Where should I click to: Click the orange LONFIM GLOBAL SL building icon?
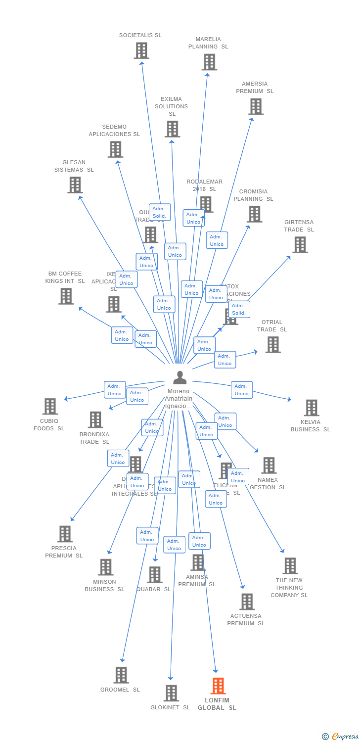[218, 686]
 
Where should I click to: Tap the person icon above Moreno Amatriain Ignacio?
[180, 377]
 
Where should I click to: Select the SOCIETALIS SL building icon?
[141, 50]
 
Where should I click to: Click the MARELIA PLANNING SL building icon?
[209, 62]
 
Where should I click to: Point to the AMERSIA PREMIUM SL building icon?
[256, 106]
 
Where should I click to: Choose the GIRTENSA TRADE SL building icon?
[300, 245]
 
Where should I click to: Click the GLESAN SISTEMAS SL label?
[74, 166]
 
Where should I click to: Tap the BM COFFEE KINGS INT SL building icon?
[66, 296]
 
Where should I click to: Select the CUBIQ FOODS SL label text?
[49, 425]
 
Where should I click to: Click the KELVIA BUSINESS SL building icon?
[311, 408]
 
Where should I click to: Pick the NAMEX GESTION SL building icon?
[269, 465]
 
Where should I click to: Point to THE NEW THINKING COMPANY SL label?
[289, 588]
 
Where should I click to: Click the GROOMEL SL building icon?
[121, 675]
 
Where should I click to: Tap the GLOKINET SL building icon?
[171, 693]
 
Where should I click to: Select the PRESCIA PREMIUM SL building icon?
[65, 534]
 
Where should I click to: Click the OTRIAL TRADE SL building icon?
[272, 345]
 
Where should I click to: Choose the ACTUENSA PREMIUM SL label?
[246, 620]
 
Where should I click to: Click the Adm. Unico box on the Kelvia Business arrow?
[242, 390]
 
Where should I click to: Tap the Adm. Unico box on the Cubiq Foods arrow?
[115, 390]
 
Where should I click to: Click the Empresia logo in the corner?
[341, 737]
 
